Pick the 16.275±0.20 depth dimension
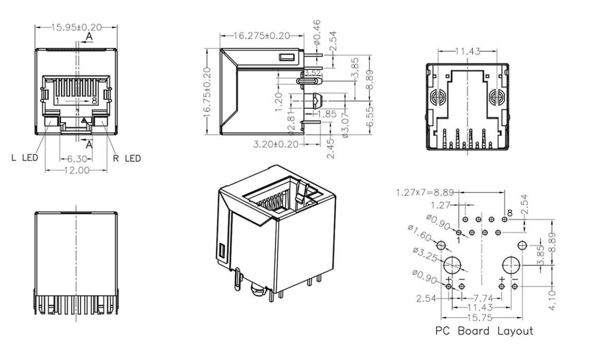[262, 36]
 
